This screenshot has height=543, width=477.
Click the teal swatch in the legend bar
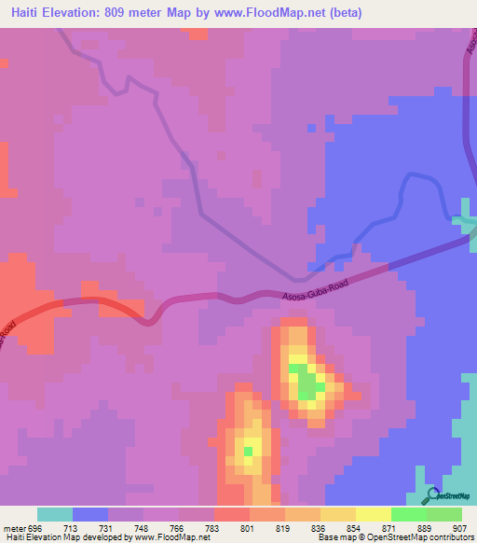(55, 514)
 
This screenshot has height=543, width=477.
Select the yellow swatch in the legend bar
(374, 514)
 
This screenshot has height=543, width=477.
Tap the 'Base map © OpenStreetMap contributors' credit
(390, 537)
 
